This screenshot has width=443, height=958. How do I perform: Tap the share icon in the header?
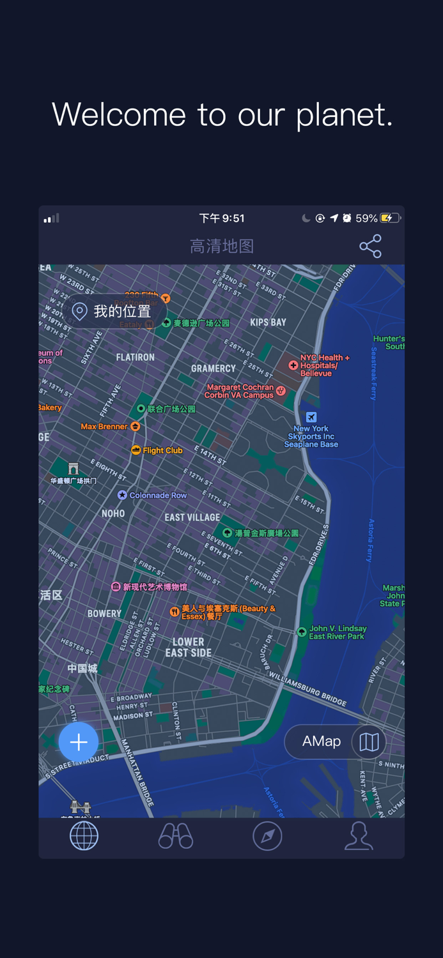coord(370,246)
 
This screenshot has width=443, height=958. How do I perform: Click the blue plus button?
coord(79,741)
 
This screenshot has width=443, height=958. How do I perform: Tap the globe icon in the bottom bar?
coord(84,836)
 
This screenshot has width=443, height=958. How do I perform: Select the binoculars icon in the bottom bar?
coord(176,836)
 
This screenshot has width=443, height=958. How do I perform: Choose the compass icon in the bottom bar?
coord(267,836)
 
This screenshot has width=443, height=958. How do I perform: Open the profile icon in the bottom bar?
coord(359,836)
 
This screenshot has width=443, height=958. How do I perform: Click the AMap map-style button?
coord(336,741)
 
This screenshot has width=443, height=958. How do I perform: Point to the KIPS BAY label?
coord(268,323)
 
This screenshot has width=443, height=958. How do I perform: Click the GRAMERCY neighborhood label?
coord(214,369)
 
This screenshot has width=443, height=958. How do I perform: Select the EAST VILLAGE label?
coord(192,517)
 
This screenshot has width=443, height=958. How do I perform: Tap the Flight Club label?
coord(162,450)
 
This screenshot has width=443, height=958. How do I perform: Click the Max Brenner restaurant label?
coord(104,426)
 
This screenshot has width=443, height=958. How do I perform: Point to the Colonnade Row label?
coord(158,495)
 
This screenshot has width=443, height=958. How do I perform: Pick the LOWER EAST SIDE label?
coord(189,647)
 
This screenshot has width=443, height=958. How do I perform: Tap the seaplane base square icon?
coord(311,417)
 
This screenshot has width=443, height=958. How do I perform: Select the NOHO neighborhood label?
coord(113,513)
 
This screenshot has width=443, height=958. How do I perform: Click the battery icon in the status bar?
coord(390,218)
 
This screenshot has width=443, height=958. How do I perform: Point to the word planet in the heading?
coord(344,116)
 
